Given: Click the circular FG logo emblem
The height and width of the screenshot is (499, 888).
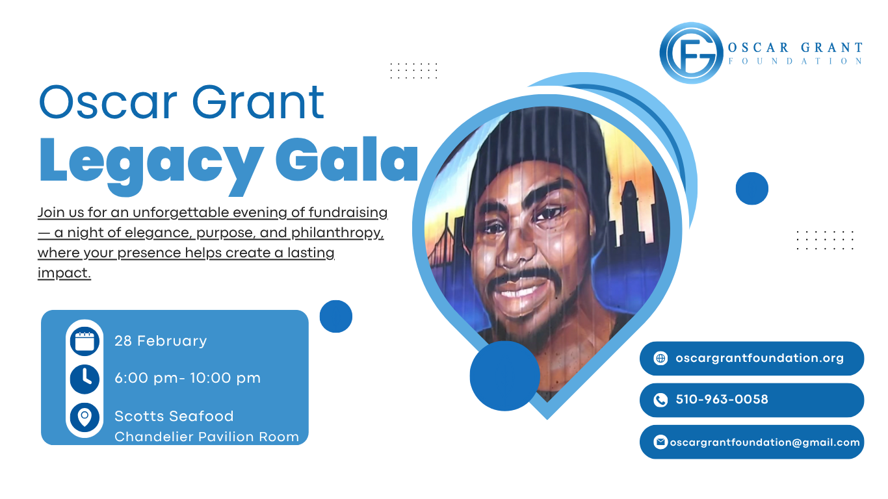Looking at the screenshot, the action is coord(691,53).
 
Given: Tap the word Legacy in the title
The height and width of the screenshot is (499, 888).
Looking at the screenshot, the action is coord(151,166).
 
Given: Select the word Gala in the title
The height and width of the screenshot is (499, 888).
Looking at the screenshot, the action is coord(347,159).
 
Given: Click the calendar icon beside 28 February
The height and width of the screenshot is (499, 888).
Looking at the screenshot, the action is coord(85,341).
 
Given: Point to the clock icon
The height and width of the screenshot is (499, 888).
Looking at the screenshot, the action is coord(85,379).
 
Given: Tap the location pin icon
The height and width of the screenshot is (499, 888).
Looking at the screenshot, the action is coord(85,417).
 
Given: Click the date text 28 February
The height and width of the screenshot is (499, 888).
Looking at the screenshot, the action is coord(161,341).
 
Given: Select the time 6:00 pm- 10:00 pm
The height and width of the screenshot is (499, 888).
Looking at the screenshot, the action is coord(187,378).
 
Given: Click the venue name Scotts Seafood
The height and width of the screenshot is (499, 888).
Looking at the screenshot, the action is coord(174,416).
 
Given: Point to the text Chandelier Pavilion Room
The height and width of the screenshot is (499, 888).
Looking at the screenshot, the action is coord(207,437).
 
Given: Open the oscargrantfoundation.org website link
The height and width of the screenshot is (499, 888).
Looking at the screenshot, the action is coord(759,358).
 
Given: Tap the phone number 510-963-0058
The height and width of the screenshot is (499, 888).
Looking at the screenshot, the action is coord(722,400).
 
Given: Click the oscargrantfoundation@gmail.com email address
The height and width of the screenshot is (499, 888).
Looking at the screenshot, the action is coord(764,442).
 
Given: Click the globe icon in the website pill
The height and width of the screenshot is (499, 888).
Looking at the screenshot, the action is coord(660,358).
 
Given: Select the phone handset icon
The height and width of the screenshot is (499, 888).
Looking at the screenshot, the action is coord(660,400).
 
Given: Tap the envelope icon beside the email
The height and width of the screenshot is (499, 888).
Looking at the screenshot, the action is coord(660,442).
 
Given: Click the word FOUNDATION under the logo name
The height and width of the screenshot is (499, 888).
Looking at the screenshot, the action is coord(795,61).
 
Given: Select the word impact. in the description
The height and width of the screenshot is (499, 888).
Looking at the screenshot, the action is coord(64,273).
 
